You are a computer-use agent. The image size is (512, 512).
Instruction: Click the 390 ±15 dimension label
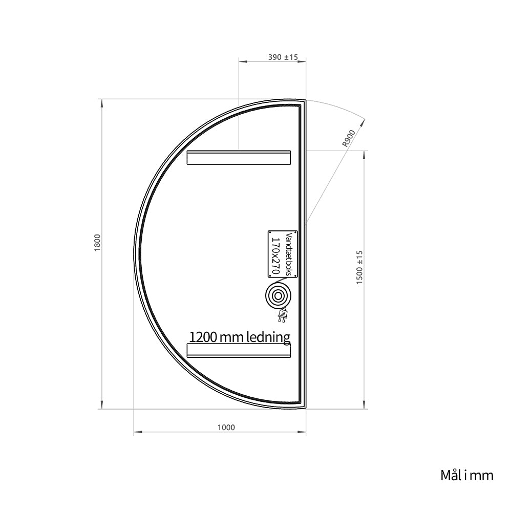[x=283, y=57]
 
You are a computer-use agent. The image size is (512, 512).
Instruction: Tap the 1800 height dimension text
[x=98, y=243]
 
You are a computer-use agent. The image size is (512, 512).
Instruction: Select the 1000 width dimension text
[x=226, y=428]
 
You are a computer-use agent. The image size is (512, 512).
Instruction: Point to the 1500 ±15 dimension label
[x=359, y=267]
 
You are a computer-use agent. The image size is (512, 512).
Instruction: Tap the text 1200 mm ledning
[x=240, y=337]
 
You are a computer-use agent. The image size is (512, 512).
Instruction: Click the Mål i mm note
[x=467, y=476]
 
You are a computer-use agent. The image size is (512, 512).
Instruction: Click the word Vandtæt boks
[x=288, y=254]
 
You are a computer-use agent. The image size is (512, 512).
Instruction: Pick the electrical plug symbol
[x=282, y=315]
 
